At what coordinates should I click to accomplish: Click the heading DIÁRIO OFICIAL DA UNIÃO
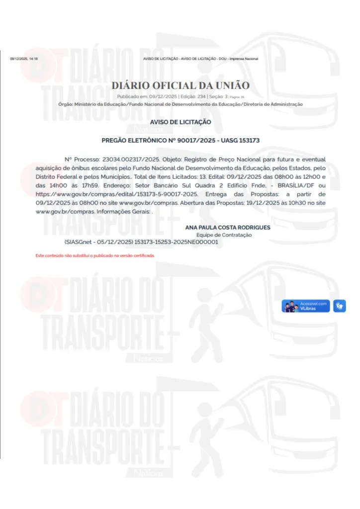[x=180, y=85]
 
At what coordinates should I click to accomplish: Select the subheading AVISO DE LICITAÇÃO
[x=180, y=122]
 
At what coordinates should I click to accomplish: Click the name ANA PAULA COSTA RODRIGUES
[x=228, y=227]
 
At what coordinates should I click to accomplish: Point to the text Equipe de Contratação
[x=224, y=235]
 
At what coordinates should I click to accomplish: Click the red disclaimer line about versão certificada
[x=95, y=255]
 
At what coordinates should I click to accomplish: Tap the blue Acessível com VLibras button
[x=306, y=306]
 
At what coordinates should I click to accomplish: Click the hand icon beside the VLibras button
[x=340, y=306]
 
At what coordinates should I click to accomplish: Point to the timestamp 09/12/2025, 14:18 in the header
[x=24, y=59]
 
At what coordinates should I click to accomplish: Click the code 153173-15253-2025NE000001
[x=176, y=242]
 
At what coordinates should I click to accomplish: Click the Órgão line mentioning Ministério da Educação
[x=180, y=104]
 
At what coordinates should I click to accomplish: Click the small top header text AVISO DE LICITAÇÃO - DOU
[x=200, y=59]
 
